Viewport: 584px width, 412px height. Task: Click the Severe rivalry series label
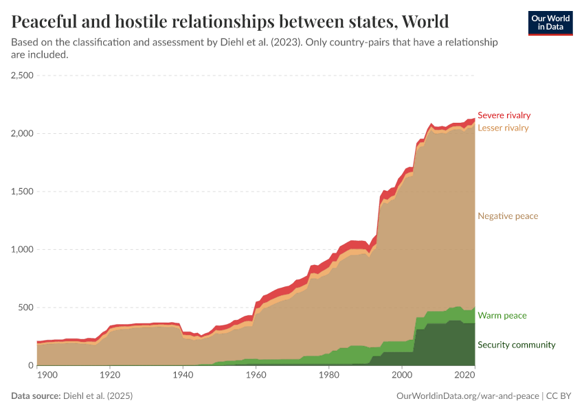(504, 115)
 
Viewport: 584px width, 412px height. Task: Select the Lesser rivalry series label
(503, 128)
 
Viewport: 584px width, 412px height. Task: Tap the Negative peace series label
(508, 216)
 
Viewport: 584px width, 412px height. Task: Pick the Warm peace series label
(502, 316)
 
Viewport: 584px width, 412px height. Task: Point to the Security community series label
(516, 345)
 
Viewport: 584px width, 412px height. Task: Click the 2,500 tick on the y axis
(23, 76)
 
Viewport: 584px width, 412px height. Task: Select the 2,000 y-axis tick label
(23, 133)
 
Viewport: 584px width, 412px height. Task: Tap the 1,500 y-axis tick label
(23, 192)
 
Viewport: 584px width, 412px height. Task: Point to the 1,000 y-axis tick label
(23, 250)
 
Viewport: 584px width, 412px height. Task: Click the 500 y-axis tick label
(26, 308)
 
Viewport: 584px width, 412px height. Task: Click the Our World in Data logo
(550, 23)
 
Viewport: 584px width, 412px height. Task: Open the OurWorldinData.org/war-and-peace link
(468, 396)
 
